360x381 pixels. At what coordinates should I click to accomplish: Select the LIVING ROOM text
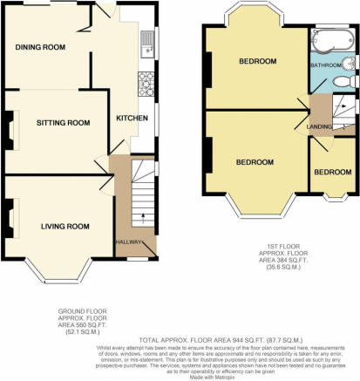point(65,226)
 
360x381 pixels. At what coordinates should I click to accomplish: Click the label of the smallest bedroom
point(331,172)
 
